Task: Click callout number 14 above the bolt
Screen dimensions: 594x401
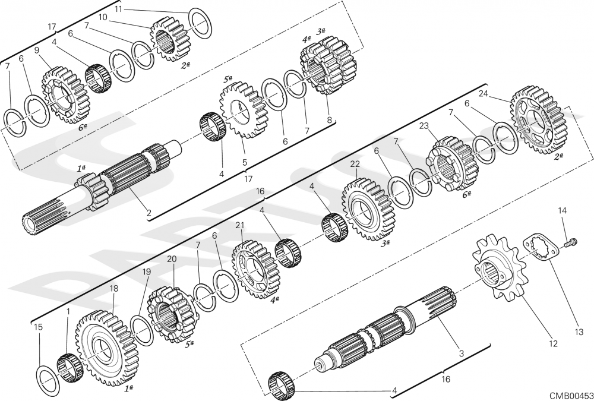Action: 563,211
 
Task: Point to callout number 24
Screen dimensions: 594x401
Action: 483,93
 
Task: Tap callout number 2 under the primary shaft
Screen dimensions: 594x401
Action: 149,213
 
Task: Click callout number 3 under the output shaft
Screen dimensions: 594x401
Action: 462,353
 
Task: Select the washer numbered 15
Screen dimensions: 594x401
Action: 48,380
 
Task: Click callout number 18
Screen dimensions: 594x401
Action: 113,289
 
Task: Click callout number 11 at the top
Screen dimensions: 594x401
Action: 118,9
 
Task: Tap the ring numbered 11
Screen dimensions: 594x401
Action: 200,23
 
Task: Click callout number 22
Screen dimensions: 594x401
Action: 355,164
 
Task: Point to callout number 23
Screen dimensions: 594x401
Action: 424,126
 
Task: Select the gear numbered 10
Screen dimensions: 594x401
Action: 169,39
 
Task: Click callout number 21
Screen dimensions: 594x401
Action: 240,226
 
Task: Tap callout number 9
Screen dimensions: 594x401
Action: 37,50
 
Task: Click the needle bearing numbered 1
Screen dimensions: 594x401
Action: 68,367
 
